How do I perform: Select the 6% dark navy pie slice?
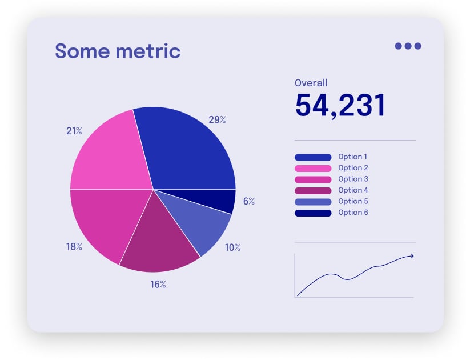(224, 201)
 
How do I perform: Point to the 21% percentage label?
(74, 131)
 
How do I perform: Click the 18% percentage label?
(74, 247)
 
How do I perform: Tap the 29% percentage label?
(217, 120)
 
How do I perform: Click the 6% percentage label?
(249, 201)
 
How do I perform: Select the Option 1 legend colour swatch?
(313, 157)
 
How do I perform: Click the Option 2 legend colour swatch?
(313, 168)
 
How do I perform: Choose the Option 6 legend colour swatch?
(313, 213)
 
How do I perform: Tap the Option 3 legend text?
(353, 179)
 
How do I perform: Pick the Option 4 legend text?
(353, 190)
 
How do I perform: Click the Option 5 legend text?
(353, 201)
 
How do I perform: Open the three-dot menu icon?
(408, 46)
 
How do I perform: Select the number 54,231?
(340, 105)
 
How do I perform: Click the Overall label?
(311, 83)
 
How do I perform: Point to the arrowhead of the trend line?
(411, 256)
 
